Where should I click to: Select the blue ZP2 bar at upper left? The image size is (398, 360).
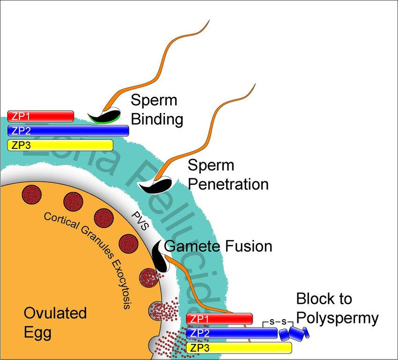pyautogui.click(x=68, y=130)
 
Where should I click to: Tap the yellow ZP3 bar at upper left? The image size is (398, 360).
pyautogui.click(x=60, y=145)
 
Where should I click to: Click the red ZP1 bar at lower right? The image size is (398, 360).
pyautogui.click(x=219, y=319)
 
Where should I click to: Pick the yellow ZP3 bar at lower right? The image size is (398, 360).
pyautogui.click(x=239, y=347)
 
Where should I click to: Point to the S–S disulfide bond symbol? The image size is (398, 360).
pyautogui.click(x=280, y=322)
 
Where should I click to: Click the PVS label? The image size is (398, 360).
pyautogui.click(x=140, y=219)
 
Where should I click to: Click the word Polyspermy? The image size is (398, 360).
pyautogui.click(x=337, y=318)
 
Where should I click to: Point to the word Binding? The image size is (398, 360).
pyautogui.click(x=156, y=119)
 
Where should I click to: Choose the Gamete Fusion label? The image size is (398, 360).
pyautogui.click(x=218, y=246)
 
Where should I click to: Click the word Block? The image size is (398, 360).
pyautogui.click(x=324, y=299)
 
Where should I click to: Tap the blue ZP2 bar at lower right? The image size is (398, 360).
pyautogui.click(x=231, y=333)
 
